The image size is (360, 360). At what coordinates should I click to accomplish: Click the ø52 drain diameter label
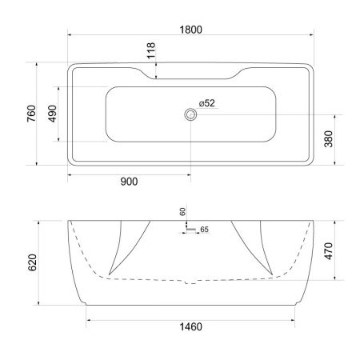(x=206, y=103)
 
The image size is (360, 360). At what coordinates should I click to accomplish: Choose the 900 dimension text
(x=129, y=182)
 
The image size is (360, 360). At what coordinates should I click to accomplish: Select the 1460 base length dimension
(x=191, y=327)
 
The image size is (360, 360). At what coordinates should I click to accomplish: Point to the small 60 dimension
(x=182, y=211)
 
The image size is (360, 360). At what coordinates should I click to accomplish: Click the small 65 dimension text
(x=204, y=230)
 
